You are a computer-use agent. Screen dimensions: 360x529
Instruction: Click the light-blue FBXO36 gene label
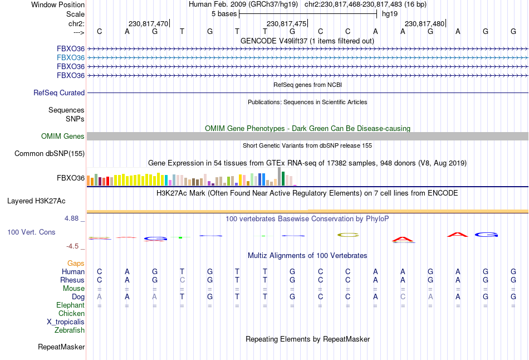71,57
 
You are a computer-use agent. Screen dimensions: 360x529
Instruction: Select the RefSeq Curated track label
59,93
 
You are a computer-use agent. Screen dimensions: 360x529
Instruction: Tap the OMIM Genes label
63,137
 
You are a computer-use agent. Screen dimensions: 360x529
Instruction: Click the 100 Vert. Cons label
32,232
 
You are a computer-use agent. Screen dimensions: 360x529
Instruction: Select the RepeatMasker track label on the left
61,347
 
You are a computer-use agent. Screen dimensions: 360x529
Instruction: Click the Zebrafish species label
70,330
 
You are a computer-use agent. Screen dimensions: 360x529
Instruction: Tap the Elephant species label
70,305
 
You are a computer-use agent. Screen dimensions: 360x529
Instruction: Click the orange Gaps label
76,263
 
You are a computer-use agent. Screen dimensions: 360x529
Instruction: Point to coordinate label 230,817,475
286,24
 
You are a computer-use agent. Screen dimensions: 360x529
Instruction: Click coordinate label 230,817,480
424,24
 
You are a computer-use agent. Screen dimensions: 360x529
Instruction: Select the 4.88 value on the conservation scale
72,218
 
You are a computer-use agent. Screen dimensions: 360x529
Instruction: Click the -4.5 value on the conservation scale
72,246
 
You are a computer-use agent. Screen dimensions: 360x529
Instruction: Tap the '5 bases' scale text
223,13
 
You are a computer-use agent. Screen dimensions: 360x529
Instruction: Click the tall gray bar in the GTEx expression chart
279,176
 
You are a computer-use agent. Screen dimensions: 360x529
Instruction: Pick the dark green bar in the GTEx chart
283,178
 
